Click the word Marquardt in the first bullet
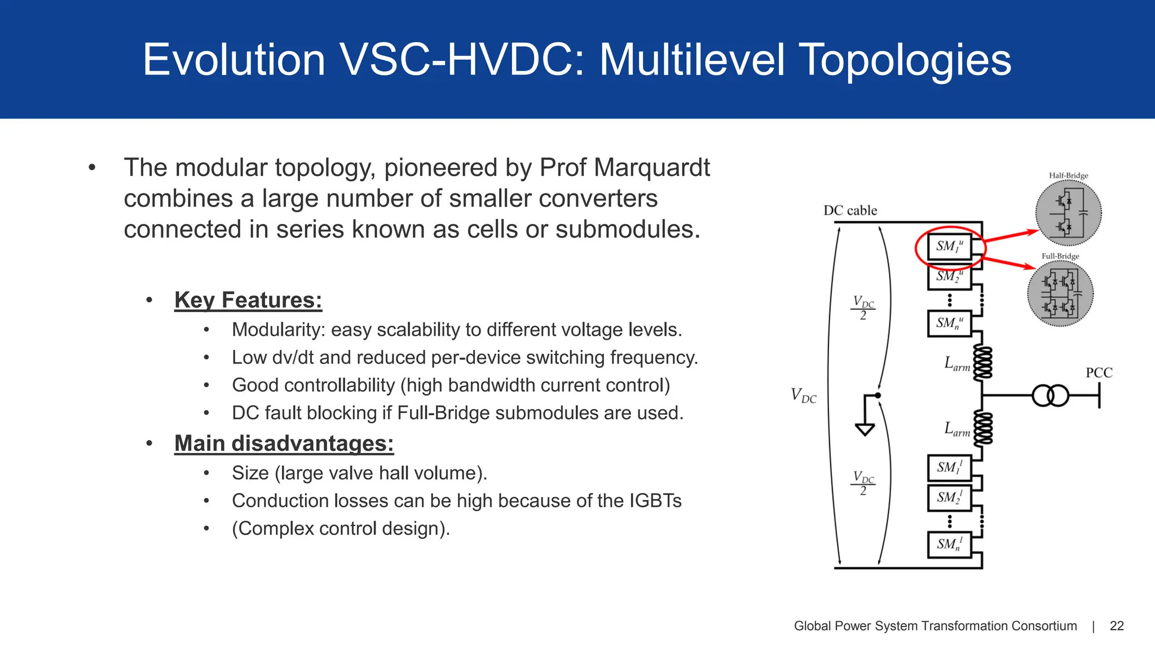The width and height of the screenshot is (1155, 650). [652, 168]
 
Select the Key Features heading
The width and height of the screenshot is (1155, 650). [248, 300]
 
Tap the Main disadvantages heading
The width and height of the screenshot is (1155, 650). [284, 443]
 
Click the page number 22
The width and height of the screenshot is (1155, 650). [1117, 626]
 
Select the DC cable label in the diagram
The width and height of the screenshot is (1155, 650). [850, 210]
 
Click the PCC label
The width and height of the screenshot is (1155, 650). [1099, 373]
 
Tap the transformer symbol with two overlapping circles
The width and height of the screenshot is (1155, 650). [1050, 396]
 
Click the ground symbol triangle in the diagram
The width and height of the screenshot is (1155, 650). [865, 430]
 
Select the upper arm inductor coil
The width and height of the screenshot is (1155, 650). [982, 363]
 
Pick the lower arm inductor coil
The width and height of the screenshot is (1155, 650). [982, 429]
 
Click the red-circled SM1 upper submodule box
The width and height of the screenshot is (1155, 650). [950, 247]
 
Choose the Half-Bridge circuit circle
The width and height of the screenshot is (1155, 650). [1068, 213]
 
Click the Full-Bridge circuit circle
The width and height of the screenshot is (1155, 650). [1060, 293]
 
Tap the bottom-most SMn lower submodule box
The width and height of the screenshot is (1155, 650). [950, 544]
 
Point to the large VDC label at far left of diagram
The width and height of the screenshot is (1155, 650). [803, 395]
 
